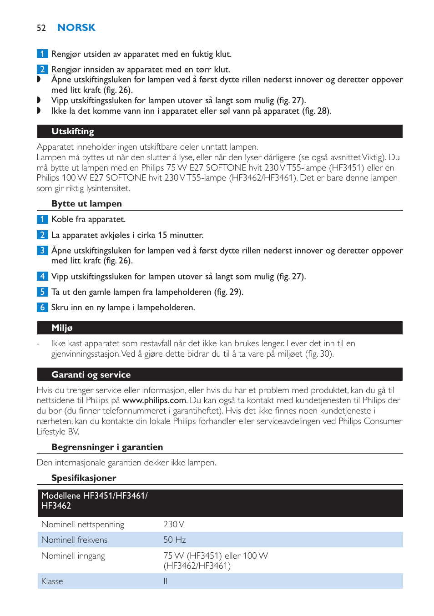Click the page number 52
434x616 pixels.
coord(41,28)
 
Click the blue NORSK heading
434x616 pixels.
coord(76,28)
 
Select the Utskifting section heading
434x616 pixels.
coord(73,131)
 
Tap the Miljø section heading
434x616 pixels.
coord(62,328)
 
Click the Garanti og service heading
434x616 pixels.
coord(91,375)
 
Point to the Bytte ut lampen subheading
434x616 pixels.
coord(86,204)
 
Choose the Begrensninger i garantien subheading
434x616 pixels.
coord(107,447)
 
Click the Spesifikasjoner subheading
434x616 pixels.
coord(84,478)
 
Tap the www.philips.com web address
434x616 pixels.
coord(154,400)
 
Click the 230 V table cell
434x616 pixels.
coord(174,525)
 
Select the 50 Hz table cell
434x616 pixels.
coord(175,540)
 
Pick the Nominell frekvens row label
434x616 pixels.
coord(74,540)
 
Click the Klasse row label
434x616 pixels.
coord(52,581)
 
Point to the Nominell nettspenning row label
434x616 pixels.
coord(82,525)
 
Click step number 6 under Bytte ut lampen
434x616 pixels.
coord(42,308)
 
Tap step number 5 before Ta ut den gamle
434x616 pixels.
coord(42,292)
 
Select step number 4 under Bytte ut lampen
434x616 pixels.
coord(42,277)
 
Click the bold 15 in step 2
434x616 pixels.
coord(162,235)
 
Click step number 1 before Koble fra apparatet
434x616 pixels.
coord(42,219)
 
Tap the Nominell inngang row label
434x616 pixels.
coord(73,556)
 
